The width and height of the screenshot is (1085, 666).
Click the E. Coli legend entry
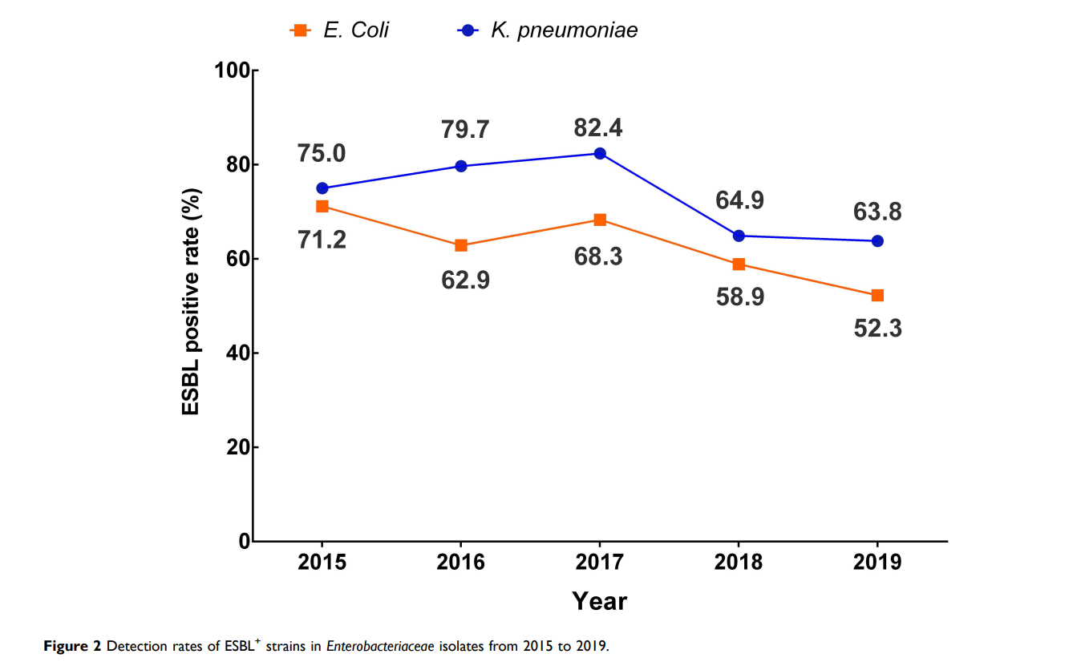tap(340, 30)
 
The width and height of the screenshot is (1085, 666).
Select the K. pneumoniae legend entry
tap(549, 30)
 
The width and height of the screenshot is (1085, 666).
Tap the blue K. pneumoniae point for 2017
tap(600, 153)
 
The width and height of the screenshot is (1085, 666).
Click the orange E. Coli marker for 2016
tap(461, 245)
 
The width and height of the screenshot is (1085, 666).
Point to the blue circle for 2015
tap(322, 188)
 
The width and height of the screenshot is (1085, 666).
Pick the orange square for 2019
tap(877, 295)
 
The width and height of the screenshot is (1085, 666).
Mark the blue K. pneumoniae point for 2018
tap(739, 236)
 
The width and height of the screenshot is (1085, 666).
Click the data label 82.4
tap(598, 128)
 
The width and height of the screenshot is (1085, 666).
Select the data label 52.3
tap(877, 328)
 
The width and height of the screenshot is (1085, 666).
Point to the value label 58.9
tap(739, 297)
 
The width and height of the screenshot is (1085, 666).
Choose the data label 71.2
tap(322, 239)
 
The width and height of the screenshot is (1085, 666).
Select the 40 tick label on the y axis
tap(237, 353)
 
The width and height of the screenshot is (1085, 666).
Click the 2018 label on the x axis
tap(739, 562)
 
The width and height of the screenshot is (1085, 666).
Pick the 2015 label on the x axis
tap(322, 562)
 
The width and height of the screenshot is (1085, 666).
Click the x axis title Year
tap(599, 601)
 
